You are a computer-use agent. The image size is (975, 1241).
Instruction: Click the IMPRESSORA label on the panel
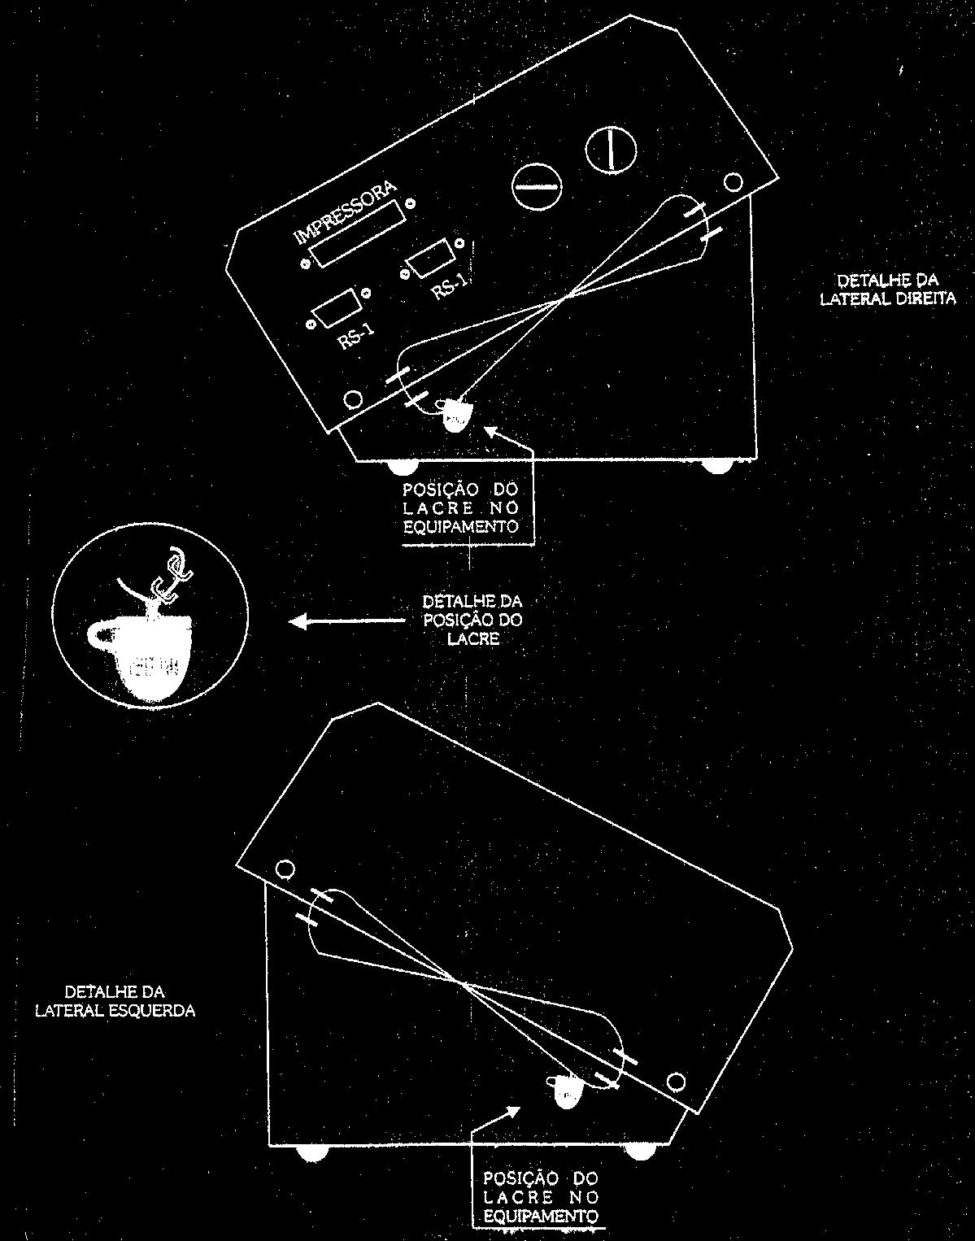pos(346,212)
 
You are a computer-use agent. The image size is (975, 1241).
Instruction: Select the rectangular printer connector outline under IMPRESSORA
pos(358,233)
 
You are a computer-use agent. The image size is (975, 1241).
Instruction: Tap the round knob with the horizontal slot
pos(537,187)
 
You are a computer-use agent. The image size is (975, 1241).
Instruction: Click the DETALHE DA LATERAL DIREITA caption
pos(888,290)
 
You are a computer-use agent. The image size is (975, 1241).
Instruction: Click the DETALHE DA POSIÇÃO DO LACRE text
pos(472,620)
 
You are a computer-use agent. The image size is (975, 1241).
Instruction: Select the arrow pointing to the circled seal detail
pos(347,621)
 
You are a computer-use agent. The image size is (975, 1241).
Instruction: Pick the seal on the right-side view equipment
pos(455,416)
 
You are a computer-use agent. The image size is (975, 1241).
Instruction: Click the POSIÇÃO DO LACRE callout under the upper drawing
pos(461,508)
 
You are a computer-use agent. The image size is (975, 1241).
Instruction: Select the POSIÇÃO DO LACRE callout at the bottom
pos(541,1196)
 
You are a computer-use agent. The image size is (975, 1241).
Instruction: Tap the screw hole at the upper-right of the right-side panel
pos(733,182)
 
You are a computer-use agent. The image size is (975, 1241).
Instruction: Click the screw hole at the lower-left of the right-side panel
pos(353,399)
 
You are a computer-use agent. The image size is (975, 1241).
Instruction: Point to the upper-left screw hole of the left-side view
pos(285,869)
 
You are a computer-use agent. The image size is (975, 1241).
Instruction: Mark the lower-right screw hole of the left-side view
pos(676,1081)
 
